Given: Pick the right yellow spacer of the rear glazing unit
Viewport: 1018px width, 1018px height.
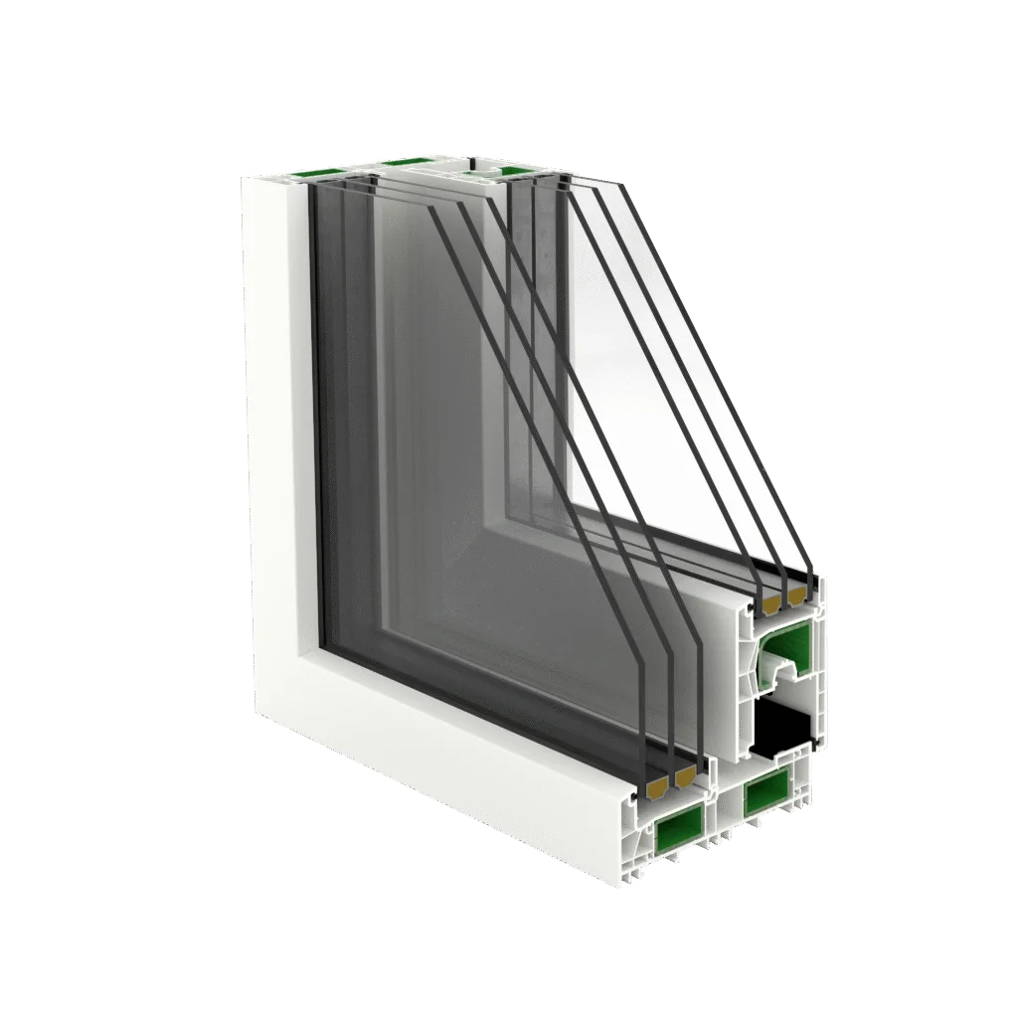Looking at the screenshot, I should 796,595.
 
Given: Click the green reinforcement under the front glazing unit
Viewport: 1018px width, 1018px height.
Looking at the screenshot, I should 678,824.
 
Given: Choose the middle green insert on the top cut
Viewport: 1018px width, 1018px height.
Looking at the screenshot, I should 403,162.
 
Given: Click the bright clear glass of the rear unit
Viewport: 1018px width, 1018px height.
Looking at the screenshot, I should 636,418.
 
